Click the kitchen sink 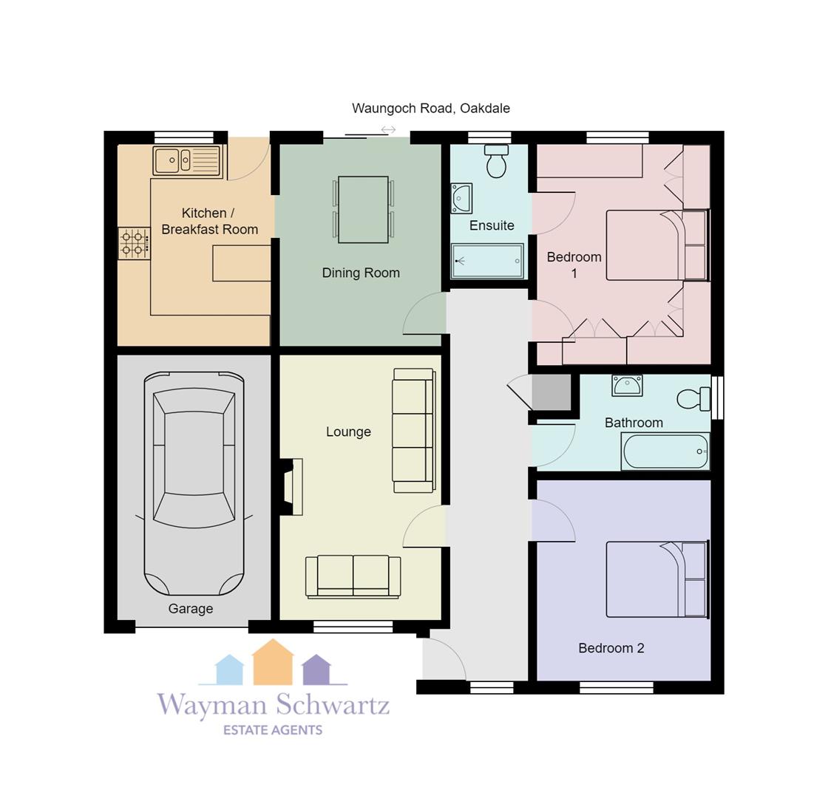click(x=187, y=160)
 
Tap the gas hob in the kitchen click(x=134, y=243)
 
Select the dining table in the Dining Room click(x=363, y=210)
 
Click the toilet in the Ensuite click(x=496, y=161)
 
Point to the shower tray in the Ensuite click(x=487, y=261)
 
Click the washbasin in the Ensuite click(x=461, y=199)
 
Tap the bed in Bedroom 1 click(x=656, y=245)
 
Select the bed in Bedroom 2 click(x=657, y=579)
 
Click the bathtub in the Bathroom click(x=665, y=451)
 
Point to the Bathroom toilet click(x=693, y=398)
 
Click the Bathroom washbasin click(x=627, y=385)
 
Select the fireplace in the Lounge click(x=291, y=487)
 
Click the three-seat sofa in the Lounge click(x=413, y=431)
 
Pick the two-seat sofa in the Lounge click(x=353, y=577)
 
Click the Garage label click(x=191, y=609)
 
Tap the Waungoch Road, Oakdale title click(x=431, y=108)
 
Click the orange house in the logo click(x=273, y=662)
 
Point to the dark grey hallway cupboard click(x=552, y=392)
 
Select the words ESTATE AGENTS click(x=273, y=730)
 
